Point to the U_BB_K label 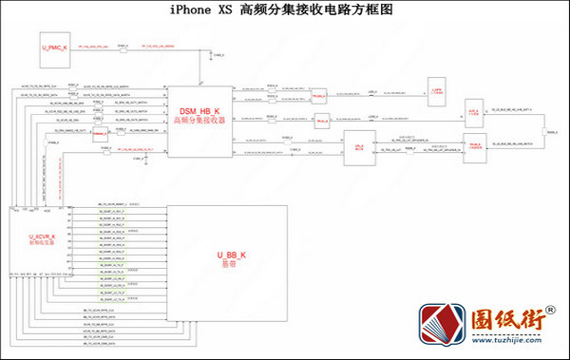(x=231, y=256)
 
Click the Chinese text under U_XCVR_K (x=42, y=243)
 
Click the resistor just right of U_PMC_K (x=123, y=46)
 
